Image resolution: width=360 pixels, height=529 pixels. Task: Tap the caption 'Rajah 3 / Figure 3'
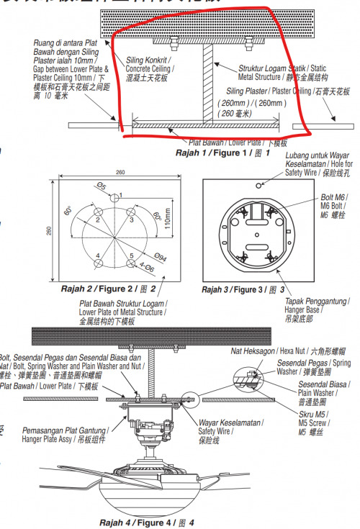[x=243, y=289]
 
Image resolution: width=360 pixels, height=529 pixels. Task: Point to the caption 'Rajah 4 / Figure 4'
[x=146, y=522]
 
